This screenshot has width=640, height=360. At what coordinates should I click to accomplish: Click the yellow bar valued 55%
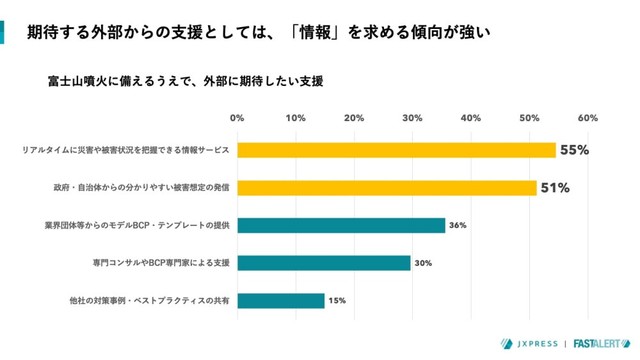396,150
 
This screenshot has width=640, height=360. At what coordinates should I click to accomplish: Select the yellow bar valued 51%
386,187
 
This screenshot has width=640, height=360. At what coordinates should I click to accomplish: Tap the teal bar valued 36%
341,225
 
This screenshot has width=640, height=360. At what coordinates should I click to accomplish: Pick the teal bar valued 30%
324,263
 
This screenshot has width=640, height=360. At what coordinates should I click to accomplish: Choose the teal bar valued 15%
280,300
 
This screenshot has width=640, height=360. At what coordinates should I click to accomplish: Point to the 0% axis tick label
237,118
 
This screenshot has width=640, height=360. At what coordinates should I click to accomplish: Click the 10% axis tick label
296,118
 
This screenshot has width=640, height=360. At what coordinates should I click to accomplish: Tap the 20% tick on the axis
354,118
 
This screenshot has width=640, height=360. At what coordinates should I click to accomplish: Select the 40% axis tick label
471,118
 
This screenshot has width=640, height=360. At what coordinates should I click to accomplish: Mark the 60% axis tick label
587,118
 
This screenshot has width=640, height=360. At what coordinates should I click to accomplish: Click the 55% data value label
574,150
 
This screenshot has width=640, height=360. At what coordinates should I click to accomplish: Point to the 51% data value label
555,187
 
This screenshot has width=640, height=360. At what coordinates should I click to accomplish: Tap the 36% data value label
458,225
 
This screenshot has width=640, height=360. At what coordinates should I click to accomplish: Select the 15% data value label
337,300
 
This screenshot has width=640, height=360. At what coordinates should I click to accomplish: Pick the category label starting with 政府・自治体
141,187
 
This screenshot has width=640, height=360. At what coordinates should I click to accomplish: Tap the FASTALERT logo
603,341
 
